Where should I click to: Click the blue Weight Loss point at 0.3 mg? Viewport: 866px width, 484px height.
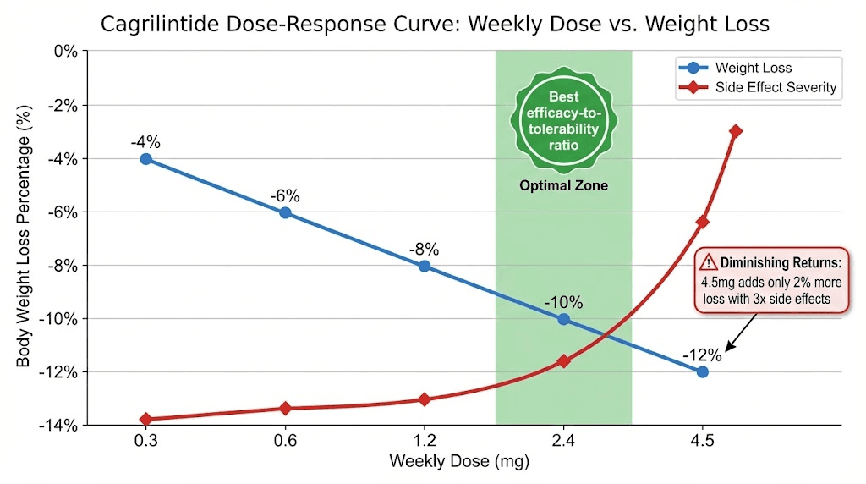(x=146, y=158)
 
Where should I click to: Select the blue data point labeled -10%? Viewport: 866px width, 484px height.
(x=563, y=319)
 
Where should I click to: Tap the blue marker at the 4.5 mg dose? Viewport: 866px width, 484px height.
(x=702, y=371)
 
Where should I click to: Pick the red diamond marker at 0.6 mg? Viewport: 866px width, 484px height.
(x=285, y=409)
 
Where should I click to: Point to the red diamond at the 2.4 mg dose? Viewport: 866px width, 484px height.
(x=563, y=361)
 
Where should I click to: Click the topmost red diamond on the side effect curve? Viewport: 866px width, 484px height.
(x=736, y=131)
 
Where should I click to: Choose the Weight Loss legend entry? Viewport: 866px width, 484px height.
(x=753, y=68)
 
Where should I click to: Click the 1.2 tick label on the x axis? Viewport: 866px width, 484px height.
(x=424, y=441)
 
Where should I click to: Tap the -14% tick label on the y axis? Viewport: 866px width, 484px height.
(x=57, y=425)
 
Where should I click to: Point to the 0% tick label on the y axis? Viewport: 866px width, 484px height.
(x=65, y=52)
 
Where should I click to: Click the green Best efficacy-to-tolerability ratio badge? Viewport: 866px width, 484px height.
(x=562, y=120)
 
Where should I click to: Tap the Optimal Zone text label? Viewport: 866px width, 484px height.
(x=563, y=185)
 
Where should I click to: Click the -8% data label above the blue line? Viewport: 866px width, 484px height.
(x=424, y=250)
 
